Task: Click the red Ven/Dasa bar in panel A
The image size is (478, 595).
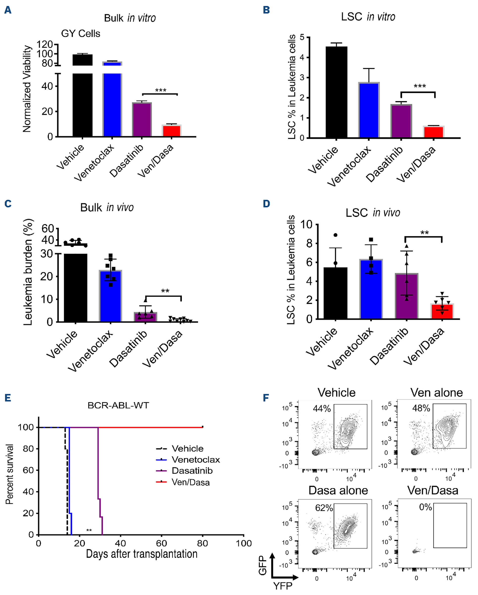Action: (x=171, y=131)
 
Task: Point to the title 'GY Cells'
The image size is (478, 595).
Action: (x=81, y=34)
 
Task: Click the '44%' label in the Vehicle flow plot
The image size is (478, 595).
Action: (x=322, y=408)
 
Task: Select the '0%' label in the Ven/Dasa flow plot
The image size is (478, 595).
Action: (x=425, y=507)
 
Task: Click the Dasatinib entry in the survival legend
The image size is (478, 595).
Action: (x=192, y=471)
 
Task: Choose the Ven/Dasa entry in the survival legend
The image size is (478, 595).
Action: (x=191, y=482)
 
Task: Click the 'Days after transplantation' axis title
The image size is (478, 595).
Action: (x=142, y=554)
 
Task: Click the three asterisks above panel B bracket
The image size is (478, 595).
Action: (x=420, y=86)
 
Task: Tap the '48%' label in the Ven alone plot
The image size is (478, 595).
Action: (x=421, y=408)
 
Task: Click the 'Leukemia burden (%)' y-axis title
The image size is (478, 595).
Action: (x=28, y=272)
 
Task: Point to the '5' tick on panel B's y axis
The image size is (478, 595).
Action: (x=302, y=37)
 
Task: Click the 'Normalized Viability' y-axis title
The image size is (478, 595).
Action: (x=27, y=89)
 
